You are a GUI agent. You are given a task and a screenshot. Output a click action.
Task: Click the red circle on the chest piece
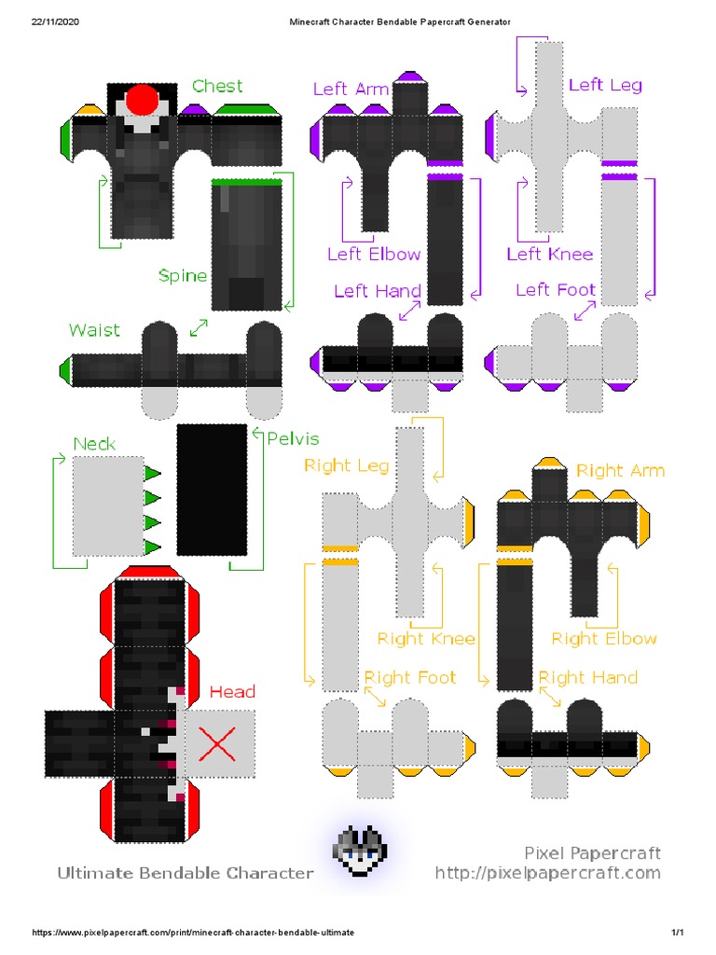pos(143,101)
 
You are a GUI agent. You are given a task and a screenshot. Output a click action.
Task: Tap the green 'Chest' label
pos(217,86)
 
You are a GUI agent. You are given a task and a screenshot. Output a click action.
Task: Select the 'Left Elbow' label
pos(373,254)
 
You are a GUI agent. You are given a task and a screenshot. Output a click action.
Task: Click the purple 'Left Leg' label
pos(605,85)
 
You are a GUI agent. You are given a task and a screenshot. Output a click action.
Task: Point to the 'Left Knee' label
pos(549,254)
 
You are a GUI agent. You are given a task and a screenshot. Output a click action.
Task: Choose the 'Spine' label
pos(182,275)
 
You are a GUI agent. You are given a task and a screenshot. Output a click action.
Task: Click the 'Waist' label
pos(94,330)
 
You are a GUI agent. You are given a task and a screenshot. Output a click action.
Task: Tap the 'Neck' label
pos(94,444)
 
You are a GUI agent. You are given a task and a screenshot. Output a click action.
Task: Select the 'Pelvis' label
pos(293,438)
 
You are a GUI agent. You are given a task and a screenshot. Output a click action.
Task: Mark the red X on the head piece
pos(218,743)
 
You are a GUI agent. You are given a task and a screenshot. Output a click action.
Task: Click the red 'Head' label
pos(232,692)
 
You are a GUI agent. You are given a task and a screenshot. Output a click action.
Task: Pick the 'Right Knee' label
pos(426,639)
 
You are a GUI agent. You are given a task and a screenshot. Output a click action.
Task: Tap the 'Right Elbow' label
pos(603,639)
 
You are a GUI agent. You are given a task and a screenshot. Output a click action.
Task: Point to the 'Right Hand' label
pos(587,678)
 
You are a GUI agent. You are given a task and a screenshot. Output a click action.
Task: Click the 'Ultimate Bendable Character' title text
pos(185,873)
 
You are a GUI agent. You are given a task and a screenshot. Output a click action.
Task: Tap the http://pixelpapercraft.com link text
pos(547,873)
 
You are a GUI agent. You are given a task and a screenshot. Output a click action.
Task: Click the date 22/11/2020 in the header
pos(55,21)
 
